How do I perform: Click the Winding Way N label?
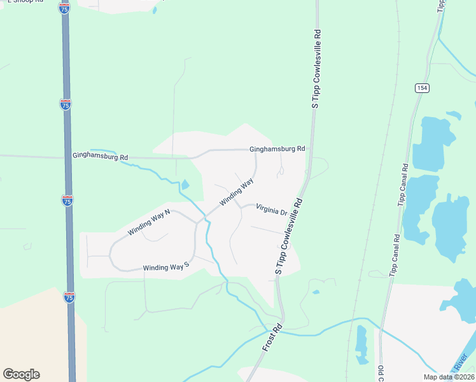[150, 222]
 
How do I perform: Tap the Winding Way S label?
[167, 267]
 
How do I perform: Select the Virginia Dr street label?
[272, 209]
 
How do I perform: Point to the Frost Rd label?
[272, 340]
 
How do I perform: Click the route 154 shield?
[421, 88]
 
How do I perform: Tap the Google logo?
[21, 374]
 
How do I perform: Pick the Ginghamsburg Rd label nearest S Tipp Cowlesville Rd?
[277, 148]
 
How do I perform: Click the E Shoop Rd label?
[24, 1]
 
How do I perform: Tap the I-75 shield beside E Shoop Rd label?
[64, 8]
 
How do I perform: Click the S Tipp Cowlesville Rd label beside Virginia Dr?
[288, 236]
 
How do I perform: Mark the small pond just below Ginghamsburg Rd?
[185, 185]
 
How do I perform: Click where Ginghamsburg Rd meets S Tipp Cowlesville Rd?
[311, 150]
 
